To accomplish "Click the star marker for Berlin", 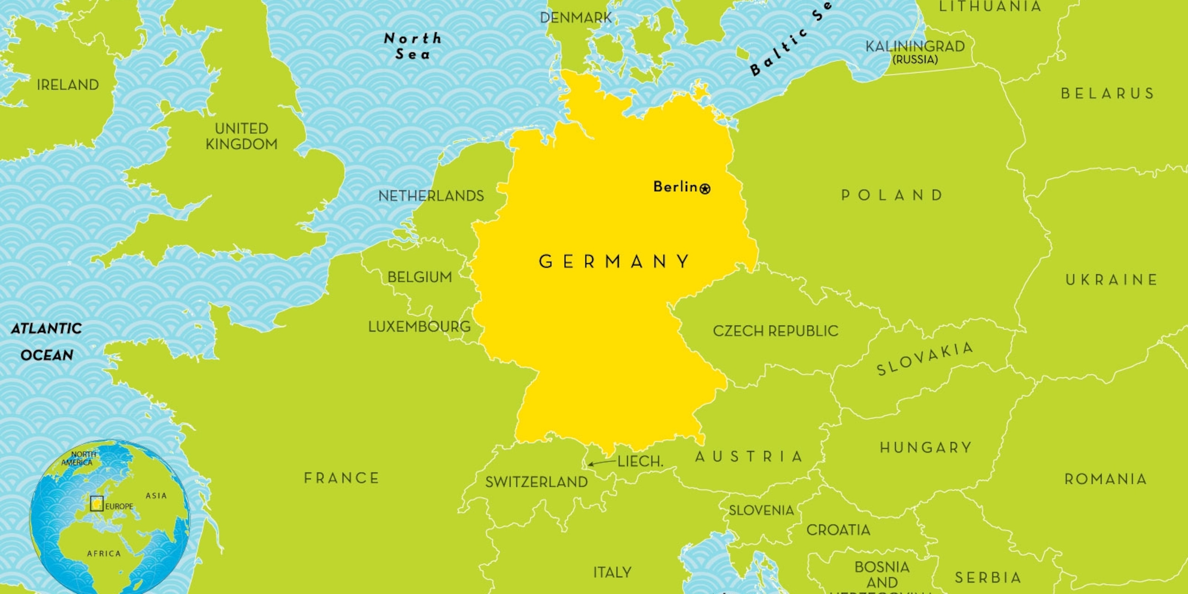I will (x=705, y=189).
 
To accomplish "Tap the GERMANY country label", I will (x=614, y=261).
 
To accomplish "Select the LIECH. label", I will (x=640, y=461).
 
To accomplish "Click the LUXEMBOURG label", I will (x=419, y=326).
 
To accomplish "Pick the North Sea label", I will (x=413, y=46).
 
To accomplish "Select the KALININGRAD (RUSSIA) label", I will (x=915, y=52).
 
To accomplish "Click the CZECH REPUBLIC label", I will (x=775, y=331).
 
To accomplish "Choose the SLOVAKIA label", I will (x=925, y=359).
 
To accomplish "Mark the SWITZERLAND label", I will (x=536, y=482).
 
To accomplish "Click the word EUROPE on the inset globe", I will (x=119, y=506).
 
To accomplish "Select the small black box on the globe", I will (x=97, y=503).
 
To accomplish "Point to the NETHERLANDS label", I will (x=431, y=196).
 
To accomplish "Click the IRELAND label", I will (x=68, y=85).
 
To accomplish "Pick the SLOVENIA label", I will (x=761, y=510).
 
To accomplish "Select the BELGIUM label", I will (x=420, y=277).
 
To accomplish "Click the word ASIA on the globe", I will (x=156, y=496).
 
